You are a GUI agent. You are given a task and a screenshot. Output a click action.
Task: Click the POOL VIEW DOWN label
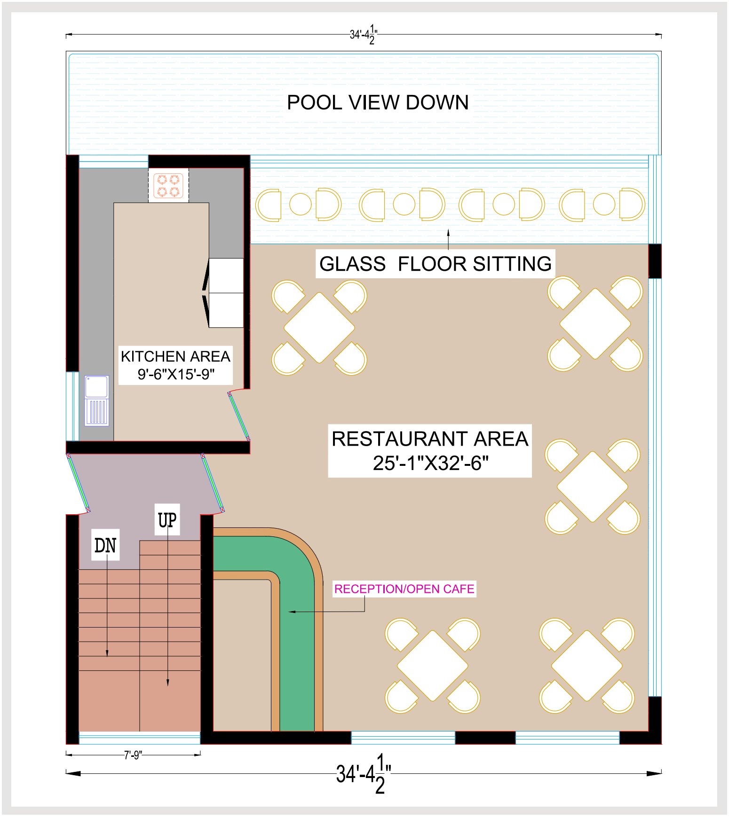tap(378, 102)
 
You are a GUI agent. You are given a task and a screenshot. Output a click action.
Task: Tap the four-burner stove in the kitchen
tap(168, 185)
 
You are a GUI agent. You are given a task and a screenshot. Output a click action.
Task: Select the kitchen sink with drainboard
tap(97, 401)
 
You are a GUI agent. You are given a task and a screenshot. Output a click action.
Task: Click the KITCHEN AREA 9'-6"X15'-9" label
tap(175, 365)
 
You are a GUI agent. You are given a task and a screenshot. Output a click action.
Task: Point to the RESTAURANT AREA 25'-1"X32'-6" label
tap(430, 451)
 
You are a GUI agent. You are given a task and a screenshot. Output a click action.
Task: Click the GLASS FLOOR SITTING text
tap(436, 264)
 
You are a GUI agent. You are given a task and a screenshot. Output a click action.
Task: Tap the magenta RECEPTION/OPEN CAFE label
tap(404, 589)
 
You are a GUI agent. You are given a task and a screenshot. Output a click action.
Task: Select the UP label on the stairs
tap(167, 520)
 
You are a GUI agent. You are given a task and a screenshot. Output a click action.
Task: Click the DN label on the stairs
tap(105, 545)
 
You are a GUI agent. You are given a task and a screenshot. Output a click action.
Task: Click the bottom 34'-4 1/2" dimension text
tap(364, 773)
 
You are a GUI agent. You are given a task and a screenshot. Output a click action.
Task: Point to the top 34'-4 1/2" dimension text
tap(364, 34)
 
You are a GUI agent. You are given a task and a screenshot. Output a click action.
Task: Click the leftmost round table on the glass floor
tap(300, 204)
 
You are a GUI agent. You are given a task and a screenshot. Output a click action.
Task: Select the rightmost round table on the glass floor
tap(604, 204)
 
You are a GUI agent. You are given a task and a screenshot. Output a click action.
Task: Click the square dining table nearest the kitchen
tap(319, 328)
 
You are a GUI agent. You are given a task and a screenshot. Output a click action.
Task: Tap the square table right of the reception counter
tap(433, 666)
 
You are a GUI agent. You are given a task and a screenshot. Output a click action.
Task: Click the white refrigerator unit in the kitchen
tap(226, 292)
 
